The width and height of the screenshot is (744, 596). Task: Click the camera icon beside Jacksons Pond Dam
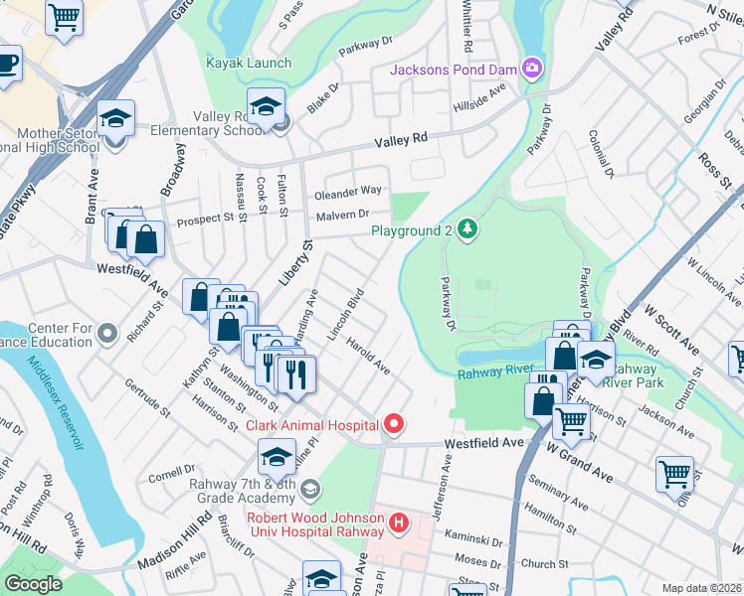[x=533, y=68]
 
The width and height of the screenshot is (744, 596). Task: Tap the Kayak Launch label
[x=248, y=63]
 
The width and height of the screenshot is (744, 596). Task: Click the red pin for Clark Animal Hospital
[x=394, y=425]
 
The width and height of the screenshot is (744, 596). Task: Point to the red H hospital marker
[x=399, y=521]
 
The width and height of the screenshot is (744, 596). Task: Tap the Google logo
[x=33, y=584]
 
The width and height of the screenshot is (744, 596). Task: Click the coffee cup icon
[x=8, y=65]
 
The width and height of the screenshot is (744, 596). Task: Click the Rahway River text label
[x=496, y=372]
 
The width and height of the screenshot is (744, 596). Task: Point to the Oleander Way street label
[x=348, y=191]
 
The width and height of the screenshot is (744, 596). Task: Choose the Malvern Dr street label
[x=342, y=215]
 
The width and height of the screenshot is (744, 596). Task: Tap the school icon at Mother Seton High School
[x=116, y=118]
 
